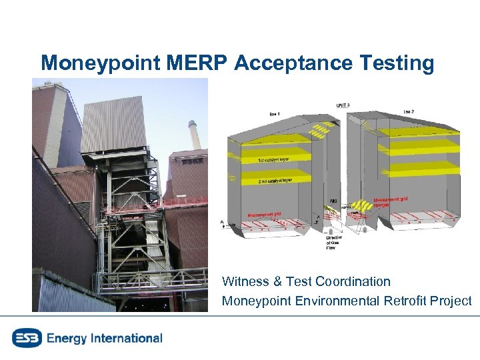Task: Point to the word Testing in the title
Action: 398,63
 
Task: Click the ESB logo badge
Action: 26,338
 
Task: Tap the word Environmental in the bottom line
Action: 336,301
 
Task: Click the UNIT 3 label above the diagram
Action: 343,105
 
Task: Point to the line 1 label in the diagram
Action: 275,114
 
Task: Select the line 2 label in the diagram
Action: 409,111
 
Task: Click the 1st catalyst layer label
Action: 275,160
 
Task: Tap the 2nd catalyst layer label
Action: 275,180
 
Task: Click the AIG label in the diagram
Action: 333,201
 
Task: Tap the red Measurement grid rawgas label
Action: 391,201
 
